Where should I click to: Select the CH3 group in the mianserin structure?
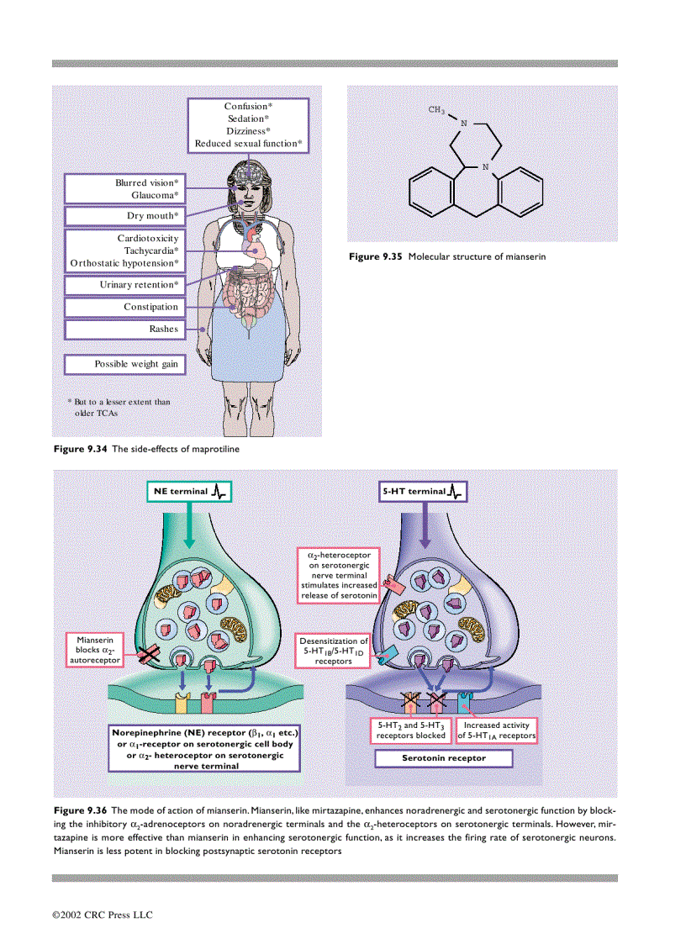pos(435,110)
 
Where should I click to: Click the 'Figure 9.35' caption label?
pos(376,256)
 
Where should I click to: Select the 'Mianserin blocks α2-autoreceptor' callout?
pos(94,650)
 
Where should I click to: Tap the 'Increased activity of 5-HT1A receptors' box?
pos(496,730)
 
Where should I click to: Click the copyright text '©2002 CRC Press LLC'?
pos(103,915)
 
